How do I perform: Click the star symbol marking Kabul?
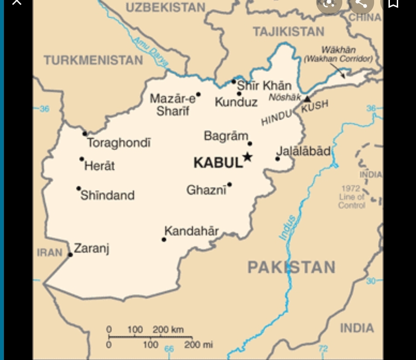[248, 157]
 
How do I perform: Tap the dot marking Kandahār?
[164, 239]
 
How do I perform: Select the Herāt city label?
[99, 166]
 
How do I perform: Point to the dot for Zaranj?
[71, 255]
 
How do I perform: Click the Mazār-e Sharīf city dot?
[198, 94]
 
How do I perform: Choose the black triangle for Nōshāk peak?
[307, 99]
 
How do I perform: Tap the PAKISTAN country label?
[291, 267]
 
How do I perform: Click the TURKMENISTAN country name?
[93, 60]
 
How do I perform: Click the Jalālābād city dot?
[277, 159]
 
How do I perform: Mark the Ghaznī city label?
[206, 190]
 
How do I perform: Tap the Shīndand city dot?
[79, 188]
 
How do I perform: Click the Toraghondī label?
[119, 143]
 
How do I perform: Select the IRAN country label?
[50, 253]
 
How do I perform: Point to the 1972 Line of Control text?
[351, 197]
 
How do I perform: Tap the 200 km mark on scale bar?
[168, 330]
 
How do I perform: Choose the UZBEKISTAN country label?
[165, 7]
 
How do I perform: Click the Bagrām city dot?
[250, 143]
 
